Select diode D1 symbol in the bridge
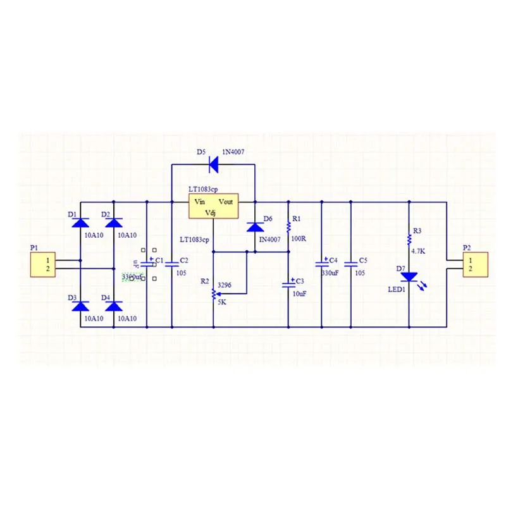(80, 223)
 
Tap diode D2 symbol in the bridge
(114, 223)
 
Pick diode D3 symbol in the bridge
(80, 307)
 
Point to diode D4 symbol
(114, 307)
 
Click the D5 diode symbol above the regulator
(213, 164)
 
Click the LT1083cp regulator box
(213, 207)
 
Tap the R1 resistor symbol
(288, 226)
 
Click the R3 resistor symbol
(409, 240)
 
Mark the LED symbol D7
(409, 277)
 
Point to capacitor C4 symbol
(321, 264)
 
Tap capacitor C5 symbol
(351, 264)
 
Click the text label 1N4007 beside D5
(234, 152)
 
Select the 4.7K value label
(418, 251)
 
